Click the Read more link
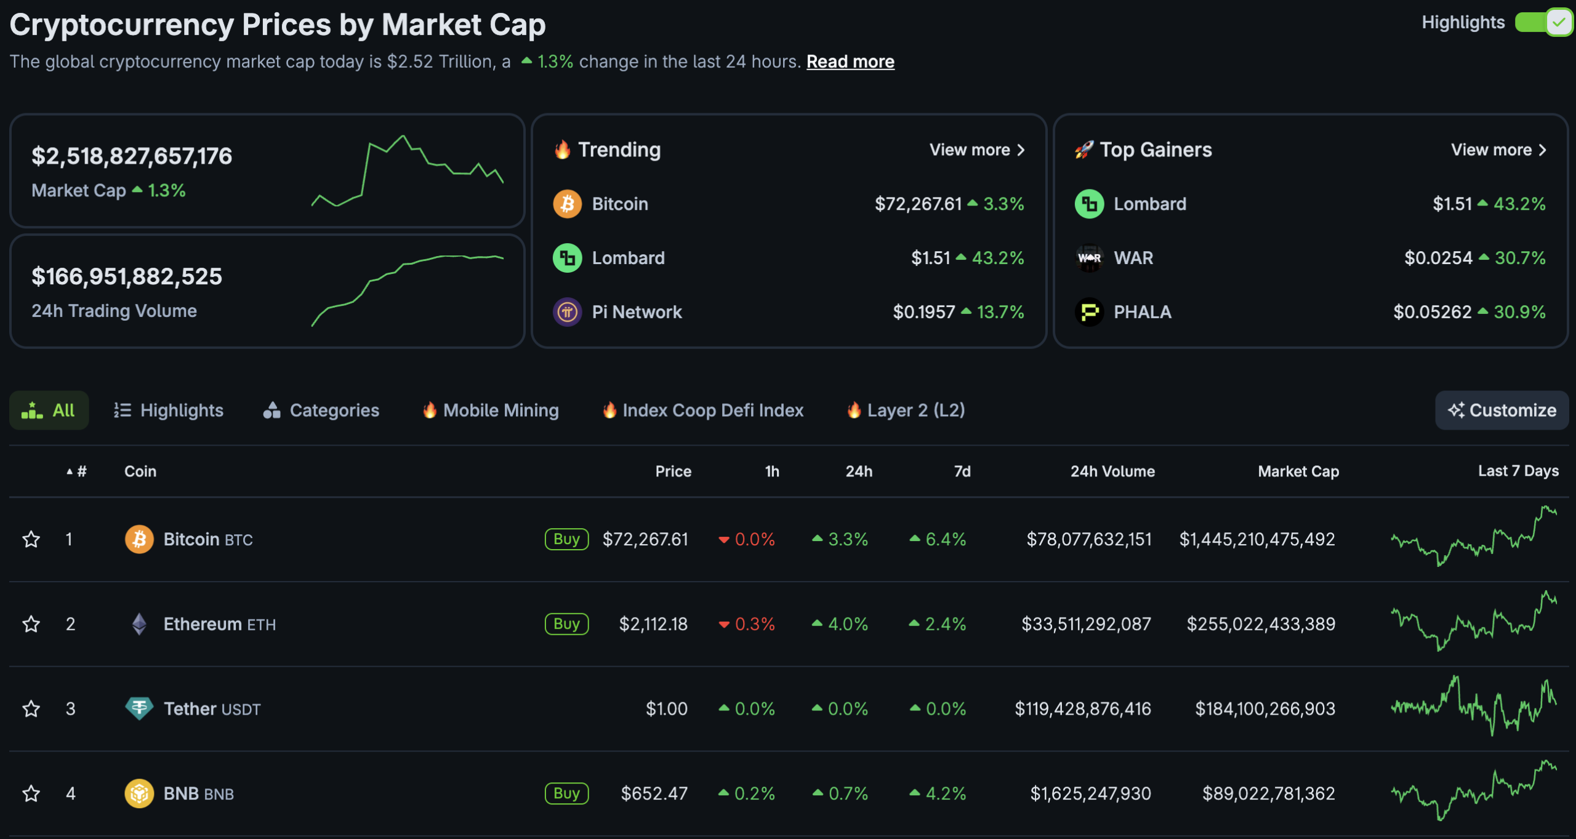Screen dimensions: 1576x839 point(850,62)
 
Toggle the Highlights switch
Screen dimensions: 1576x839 point(1543,23)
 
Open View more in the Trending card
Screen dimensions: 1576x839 point(977,150)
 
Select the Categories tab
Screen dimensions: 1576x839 point(321,410)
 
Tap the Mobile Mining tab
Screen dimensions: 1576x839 point(491,410)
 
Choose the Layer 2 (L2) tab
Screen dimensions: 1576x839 point(906,410)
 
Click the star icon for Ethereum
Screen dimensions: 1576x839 point(31,624)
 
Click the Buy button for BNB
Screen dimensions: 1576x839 point(566,793)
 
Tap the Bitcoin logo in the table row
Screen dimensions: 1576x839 point(139,539)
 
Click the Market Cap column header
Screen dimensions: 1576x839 point(1298,472)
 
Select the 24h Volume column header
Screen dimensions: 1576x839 point(1112,472)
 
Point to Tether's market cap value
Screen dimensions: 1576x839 point(1265,709)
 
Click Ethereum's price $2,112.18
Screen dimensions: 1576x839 point(653,624)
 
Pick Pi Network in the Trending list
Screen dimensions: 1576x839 point(637,312)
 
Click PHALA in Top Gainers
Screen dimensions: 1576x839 point(1143,312)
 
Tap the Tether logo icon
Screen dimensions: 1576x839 point(139,709)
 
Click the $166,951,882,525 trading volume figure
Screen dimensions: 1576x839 point(127,276)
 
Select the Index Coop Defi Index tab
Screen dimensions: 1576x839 point(703,410)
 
